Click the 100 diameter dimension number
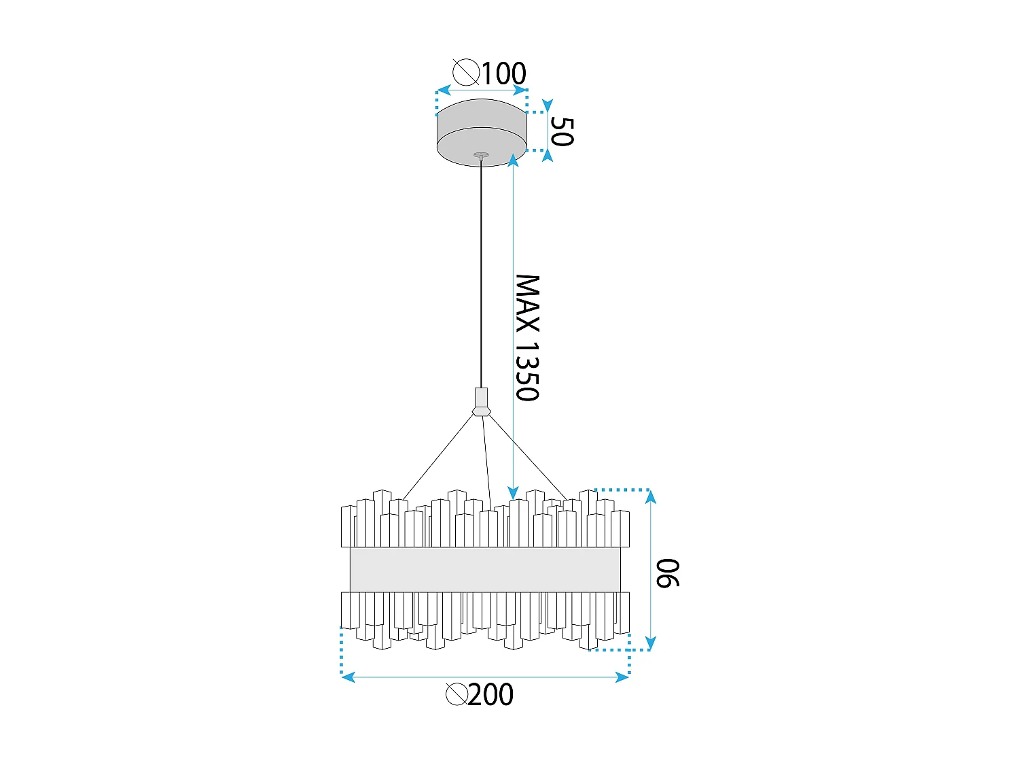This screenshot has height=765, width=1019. click(x=504, y=73)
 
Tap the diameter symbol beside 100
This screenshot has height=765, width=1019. click(x=465, y=73)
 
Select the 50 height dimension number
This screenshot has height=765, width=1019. click(x=562, y=132)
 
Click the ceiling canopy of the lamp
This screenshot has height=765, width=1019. click(x=482, y=133)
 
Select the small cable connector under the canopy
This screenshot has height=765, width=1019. click(x=481, y=156)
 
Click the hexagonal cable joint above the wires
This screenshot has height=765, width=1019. click(x=482, y=411)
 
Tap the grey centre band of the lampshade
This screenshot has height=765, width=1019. click(x=485, y=569)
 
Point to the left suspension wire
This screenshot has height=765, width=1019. click(x=437, y=458)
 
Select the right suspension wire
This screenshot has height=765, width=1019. click(x=528, y=458)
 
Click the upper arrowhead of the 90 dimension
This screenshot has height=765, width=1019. click(x=650, y=496)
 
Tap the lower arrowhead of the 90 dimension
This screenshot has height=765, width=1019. click(x=650, y=643)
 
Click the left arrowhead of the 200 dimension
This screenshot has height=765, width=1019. click(x=348, y=677)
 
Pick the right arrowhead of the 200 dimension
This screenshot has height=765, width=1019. click(x=622, y=677)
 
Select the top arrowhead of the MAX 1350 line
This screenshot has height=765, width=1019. click(x=513, y=160)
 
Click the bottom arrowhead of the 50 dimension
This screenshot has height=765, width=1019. click(x=548, y=155)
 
